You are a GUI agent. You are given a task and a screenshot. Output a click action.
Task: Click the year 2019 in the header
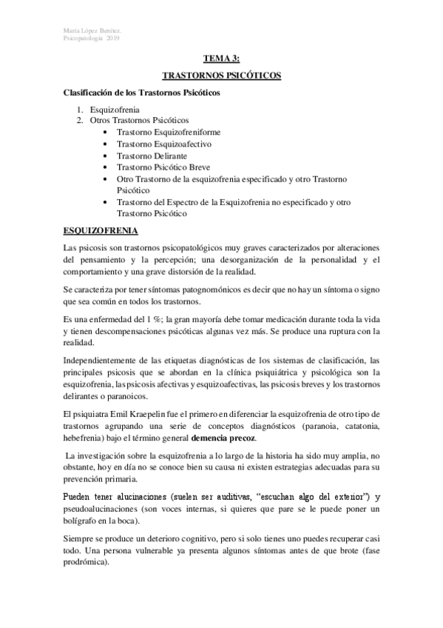click(x=113, y=38)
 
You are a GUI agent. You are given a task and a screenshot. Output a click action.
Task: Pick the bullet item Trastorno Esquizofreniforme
click(x=169, y=132)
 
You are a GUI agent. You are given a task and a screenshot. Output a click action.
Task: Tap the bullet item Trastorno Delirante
click(x=152, y=156)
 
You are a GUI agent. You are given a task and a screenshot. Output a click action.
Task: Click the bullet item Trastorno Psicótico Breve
click(x=163, y=167)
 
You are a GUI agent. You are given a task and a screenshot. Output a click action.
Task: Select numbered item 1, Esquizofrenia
click(x=115, y=109)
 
